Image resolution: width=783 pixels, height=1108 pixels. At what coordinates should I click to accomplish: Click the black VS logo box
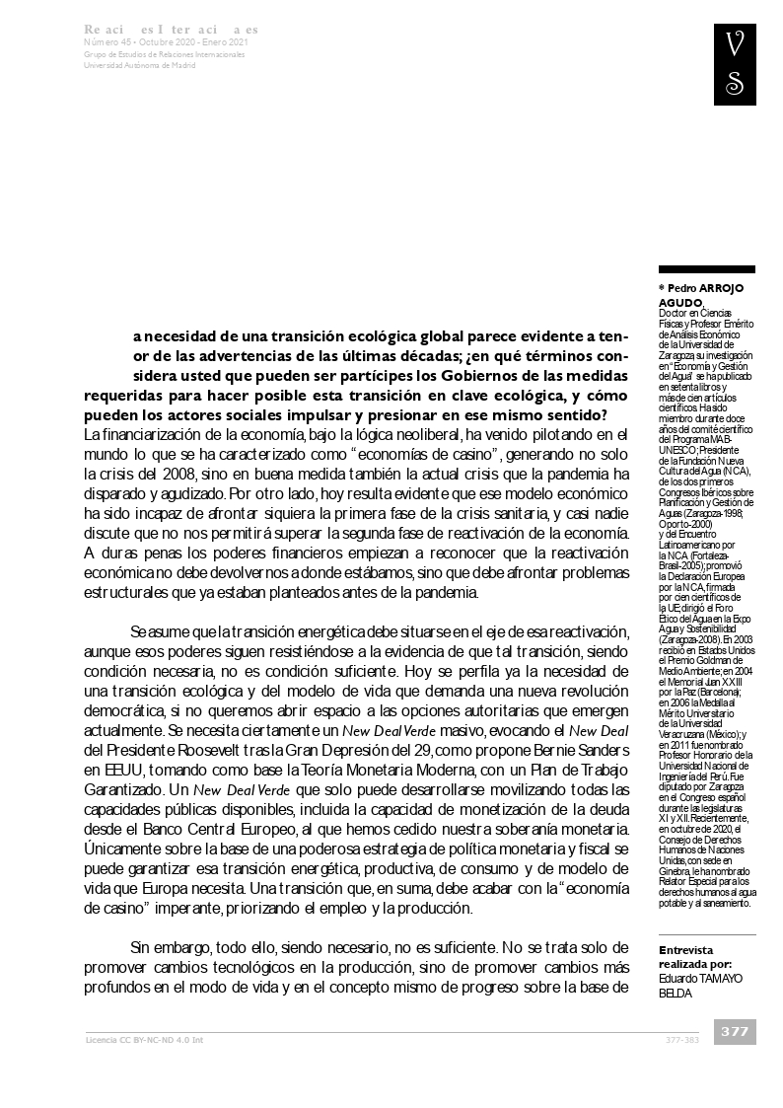[x=735, y=65]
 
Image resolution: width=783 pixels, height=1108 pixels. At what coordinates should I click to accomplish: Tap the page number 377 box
[x=735, y=1031]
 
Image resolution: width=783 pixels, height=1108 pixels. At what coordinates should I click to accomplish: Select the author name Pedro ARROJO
[x=706, y=287]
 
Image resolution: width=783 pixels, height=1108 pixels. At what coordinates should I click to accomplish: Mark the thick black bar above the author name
[x=706, y=268]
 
